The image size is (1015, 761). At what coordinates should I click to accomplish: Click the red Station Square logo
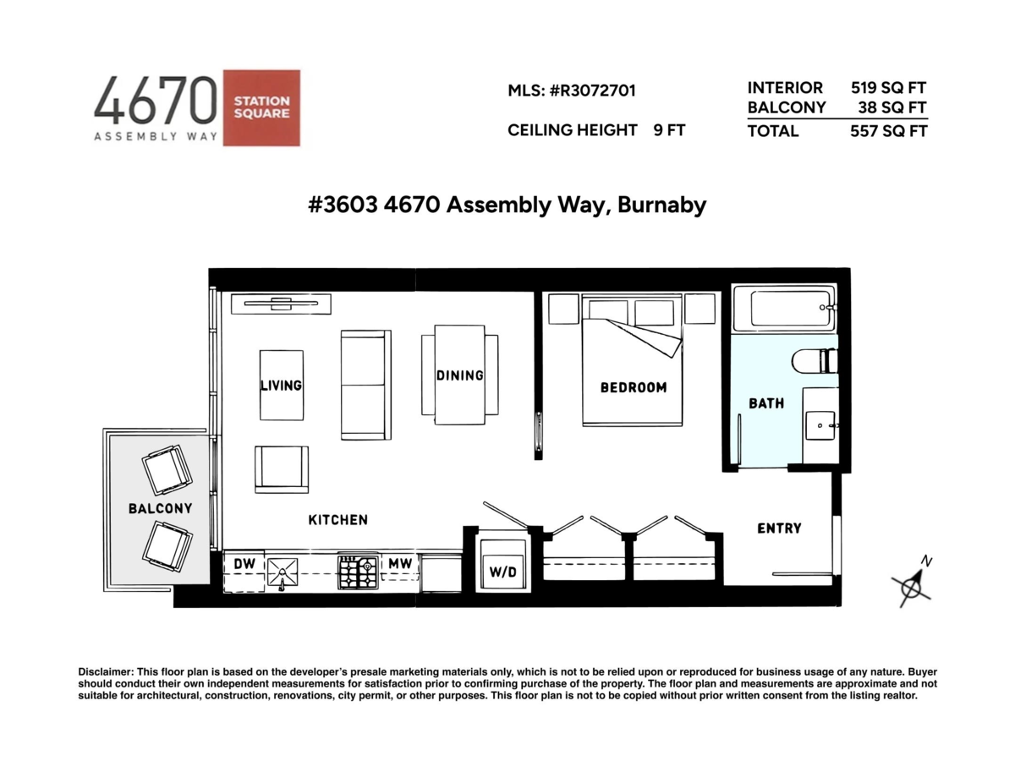tap(261, 107)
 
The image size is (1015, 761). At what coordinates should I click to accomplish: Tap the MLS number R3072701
tap(592, 90)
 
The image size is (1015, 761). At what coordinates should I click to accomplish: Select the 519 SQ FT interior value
tap(888, 88)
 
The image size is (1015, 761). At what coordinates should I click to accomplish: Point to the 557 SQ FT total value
tap(888, 131)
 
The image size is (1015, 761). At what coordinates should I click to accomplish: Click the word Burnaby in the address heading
tap(661, 205)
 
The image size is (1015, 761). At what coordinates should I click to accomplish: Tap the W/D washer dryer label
tap(502, 572)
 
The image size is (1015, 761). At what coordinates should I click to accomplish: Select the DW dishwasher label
tap(244, 564)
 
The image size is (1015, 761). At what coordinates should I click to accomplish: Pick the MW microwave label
tap(400, 563)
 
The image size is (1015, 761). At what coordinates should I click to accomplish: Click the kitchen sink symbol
tap(282, 572)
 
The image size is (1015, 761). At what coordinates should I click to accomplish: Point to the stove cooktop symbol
tap(359, 572)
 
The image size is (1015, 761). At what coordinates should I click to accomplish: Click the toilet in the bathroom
tap(815, 361)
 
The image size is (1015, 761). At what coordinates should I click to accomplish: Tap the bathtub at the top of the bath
tap(785, 308)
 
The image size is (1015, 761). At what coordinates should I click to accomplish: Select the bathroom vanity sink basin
tap(820, 425)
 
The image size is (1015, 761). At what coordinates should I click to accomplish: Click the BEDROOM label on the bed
tap(634, 387)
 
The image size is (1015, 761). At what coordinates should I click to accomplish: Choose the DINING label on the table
tap(459, 375)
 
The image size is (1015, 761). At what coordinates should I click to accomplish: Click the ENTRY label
tap(779, 528)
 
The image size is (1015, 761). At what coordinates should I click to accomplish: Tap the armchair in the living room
tap(282, 469)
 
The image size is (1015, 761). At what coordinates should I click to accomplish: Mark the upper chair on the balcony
tap(167, 469)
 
